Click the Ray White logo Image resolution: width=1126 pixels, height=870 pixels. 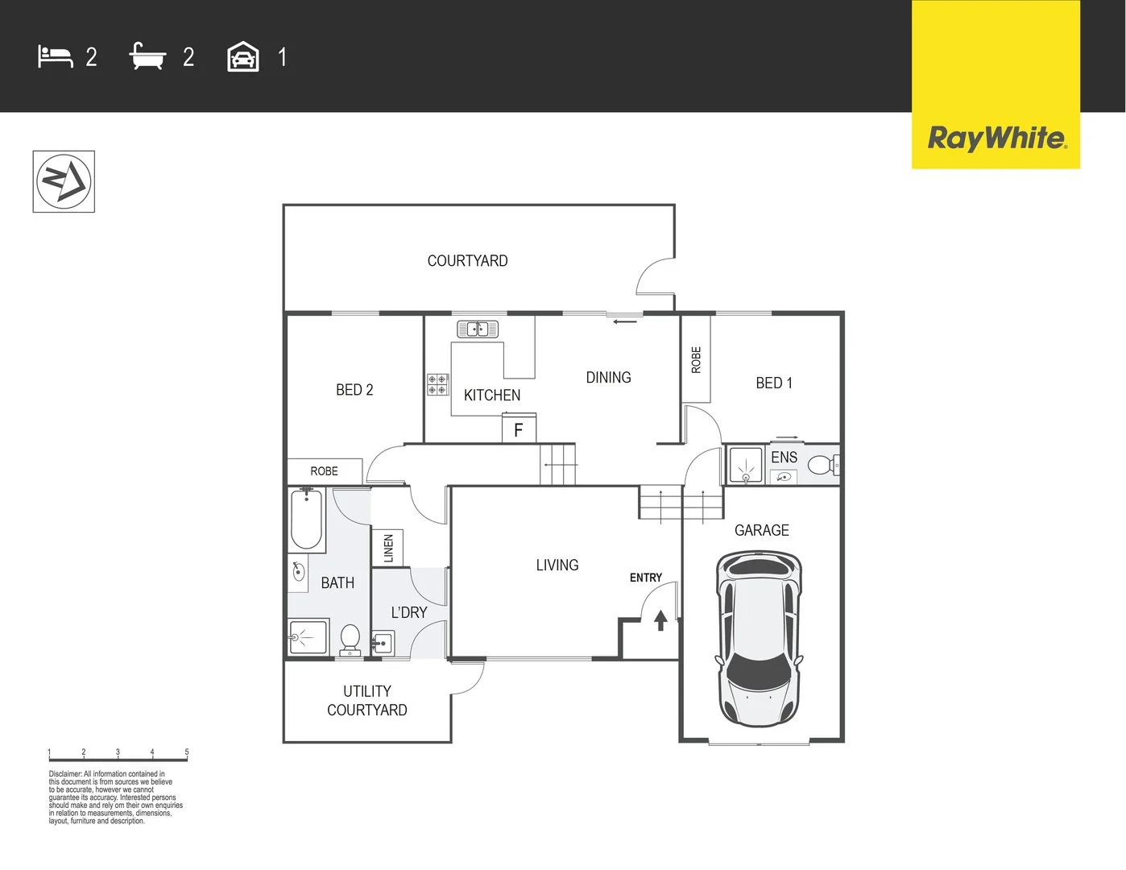coord(996,138)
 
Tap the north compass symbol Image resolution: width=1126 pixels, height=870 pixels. coord(64,181)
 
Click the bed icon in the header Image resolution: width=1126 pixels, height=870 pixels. coord(55,57)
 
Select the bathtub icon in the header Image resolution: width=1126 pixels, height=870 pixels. coord(147,57)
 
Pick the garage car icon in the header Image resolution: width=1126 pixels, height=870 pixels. coord(243,57)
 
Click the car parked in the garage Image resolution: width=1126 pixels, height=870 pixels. coord(759,636)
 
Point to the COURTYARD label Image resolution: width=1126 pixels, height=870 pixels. coord(467,261)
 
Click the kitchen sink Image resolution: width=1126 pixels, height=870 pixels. coord(478,329)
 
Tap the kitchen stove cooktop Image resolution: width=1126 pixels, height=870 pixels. coord(437,384)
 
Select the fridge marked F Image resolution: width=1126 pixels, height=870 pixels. coord(519,429)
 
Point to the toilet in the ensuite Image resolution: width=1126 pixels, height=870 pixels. coord(822,465)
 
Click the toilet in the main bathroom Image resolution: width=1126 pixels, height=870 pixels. coord(350,640)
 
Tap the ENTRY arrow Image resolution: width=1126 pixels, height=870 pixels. coord(660,620)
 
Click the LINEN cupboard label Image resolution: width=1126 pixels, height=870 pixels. coord(388,548)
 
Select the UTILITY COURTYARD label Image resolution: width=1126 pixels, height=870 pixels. coord(367,700)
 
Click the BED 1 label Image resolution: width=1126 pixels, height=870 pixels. coord(773,383)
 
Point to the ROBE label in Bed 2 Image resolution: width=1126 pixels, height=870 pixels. coord(325,471)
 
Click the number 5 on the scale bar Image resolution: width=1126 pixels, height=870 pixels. coord(187,752)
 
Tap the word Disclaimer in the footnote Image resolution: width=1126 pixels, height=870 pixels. coord(64,774)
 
